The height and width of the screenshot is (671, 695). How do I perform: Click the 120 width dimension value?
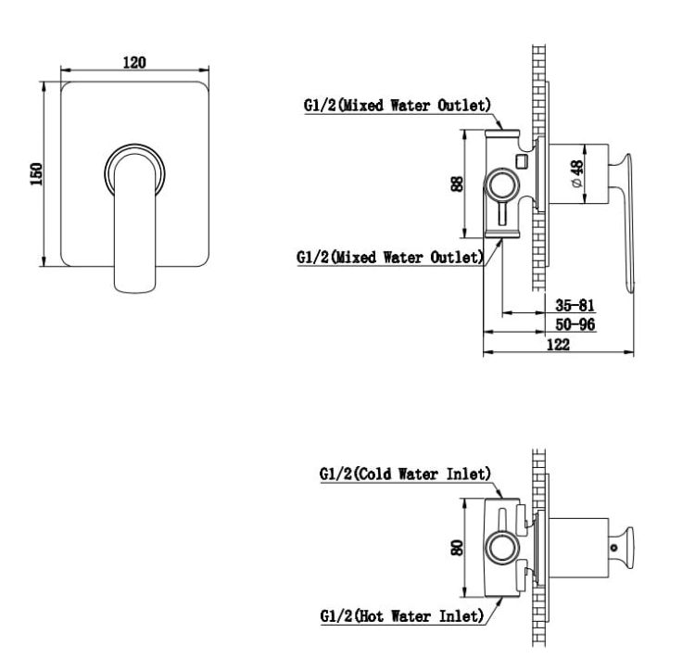point(134,62)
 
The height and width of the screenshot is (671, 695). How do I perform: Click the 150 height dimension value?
point(36,173)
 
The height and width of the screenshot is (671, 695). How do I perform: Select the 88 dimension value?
point(457,184)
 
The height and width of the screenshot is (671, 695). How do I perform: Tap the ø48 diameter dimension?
point(577,174)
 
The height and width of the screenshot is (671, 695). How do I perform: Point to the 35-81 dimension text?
point(575,305)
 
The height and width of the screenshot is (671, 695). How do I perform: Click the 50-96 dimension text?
point(575,324)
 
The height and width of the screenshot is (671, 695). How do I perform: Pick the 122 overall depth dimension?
point(558,345)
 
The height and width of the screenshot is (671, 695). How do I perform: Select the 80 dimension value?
point(457,548)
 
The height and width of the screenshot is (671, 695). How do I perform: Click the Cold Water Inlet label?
point(405,474)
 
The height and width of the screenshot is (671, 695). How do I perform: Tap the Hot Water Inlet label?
point(401,616)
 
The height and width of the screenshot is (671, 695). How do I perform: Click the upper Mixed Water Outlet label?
point(398,106)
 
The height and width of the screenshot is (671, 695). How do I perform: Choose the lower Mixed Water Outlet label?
point(390,258)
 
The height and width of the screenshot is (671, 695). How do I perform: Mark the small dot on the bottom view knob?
point(613,548)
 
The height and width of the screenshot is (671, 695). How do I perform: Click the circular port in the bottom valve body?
point(502,548)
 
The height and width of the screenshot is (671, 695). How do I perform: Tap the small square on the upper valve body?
point(521,160)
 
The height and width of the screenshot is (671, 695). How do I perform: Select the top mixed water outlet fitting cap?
point(501,133)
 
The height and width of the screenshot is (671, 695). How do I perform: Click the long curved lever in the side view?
point(625,222)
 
